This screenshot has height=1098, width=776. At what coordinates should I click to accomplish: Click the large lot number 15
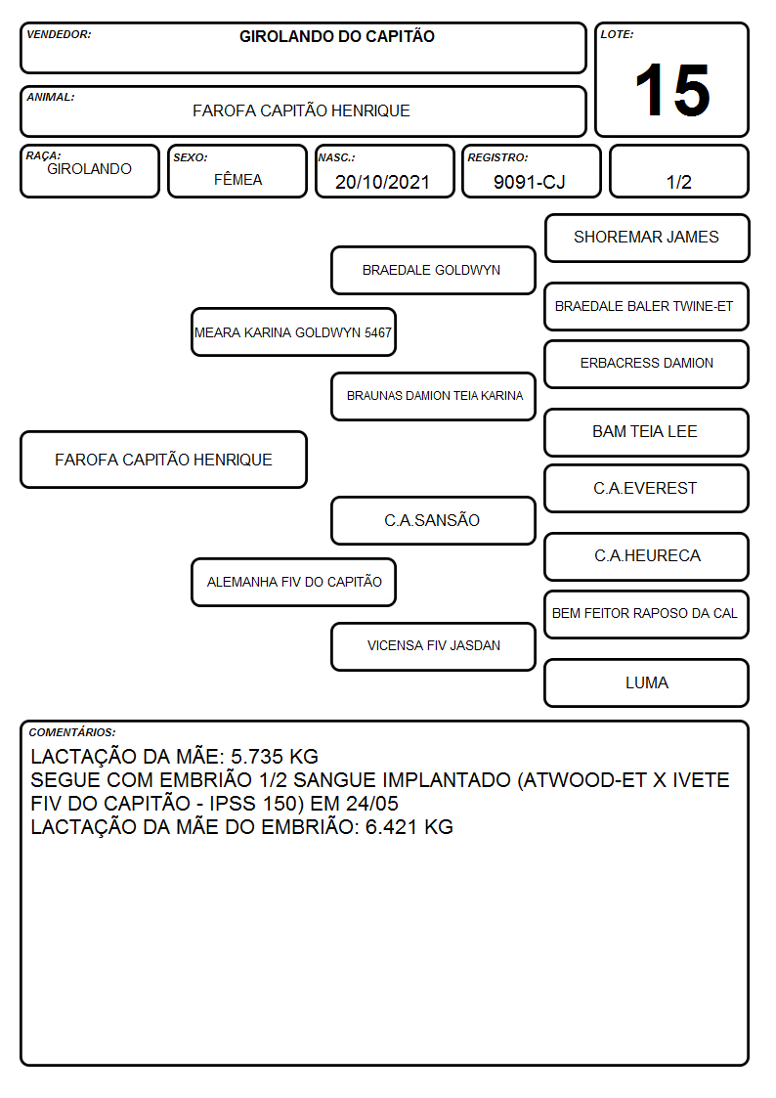point(671,90)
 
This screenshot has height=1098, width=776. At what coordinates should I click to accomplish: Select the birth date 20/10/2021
point(382,182)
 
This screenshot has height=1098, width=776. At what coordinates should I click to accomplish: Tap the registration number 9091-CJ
point(529,182)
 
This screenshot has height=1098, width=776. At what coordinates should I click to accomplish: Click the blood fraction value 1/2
point(678,182)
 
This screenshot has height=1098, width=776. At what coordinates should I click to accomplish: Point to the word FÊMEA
point(237,179)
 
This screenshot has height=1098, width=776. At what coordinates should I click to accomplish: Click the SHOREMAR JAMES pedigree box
point(647,239)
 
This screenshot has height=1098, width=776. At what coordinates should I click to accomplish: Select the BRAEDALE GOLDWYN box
point(433,270)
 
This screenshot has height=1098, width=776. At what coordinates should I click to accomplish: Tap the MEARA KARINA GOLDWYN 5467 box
point(293,331)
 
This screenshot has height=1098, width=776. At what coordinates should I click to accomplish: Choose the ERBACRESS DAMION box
point(647,364)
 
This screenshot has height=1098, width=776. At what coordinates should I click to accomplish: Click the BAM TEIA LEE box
point(647,432)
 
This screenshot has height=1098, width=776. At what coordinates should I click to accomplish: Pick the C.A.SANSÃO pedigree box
point(433,520)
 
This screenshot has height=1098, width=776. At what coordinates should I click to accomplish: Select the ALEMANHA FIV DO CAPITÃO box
point(293,582)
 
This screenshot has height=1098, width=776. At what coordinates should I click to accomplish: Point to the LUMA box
point(647,682)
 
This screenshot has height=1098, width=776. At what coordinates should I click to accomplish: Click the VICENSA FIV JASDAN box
point(433,646)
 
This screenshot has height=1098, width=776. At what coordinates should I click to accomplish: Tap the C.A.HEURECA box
point(647,556)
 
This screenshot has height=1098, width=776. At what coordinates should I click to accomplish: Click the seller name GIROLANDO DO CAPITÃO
point(336,36)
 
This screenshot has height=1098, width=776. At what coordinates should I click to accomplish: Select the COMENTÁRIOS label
point(72,732)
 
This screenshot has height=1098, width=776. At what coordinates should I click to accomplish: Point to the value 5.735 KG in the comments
point(275,756)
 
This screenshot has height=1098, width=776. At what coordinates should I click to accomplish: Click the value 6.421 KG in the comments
point(409,827)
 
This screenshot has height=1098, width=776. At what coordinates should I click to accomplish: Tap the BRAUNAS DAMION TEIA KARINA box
point(433,396)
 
